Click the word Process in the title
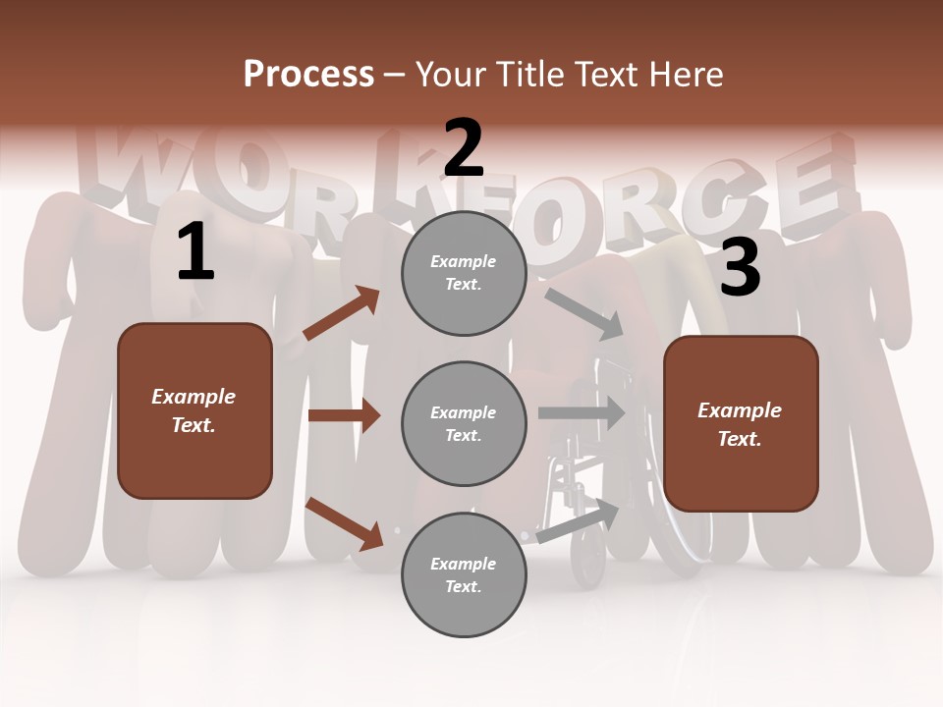(x=308, y=74)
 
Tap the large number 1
(x=195, y=252)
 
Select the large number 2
(x=464, y=148)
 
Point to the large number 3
(x=740, y=267)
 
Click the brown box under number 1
(x=194, y=410)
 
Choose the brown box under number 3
(x=741, y=424)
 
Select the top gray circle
(x=464, y=273)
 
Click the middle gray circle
(x=464, y=424)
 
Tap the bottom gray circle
(x=464, y=575)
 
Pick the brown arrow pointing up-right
(x=342, y=313)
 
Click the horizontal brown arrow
(x=344, y=415)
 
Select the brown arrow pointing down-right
(x=344, y=523)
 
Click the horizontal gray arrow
(x=582, y=412)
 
